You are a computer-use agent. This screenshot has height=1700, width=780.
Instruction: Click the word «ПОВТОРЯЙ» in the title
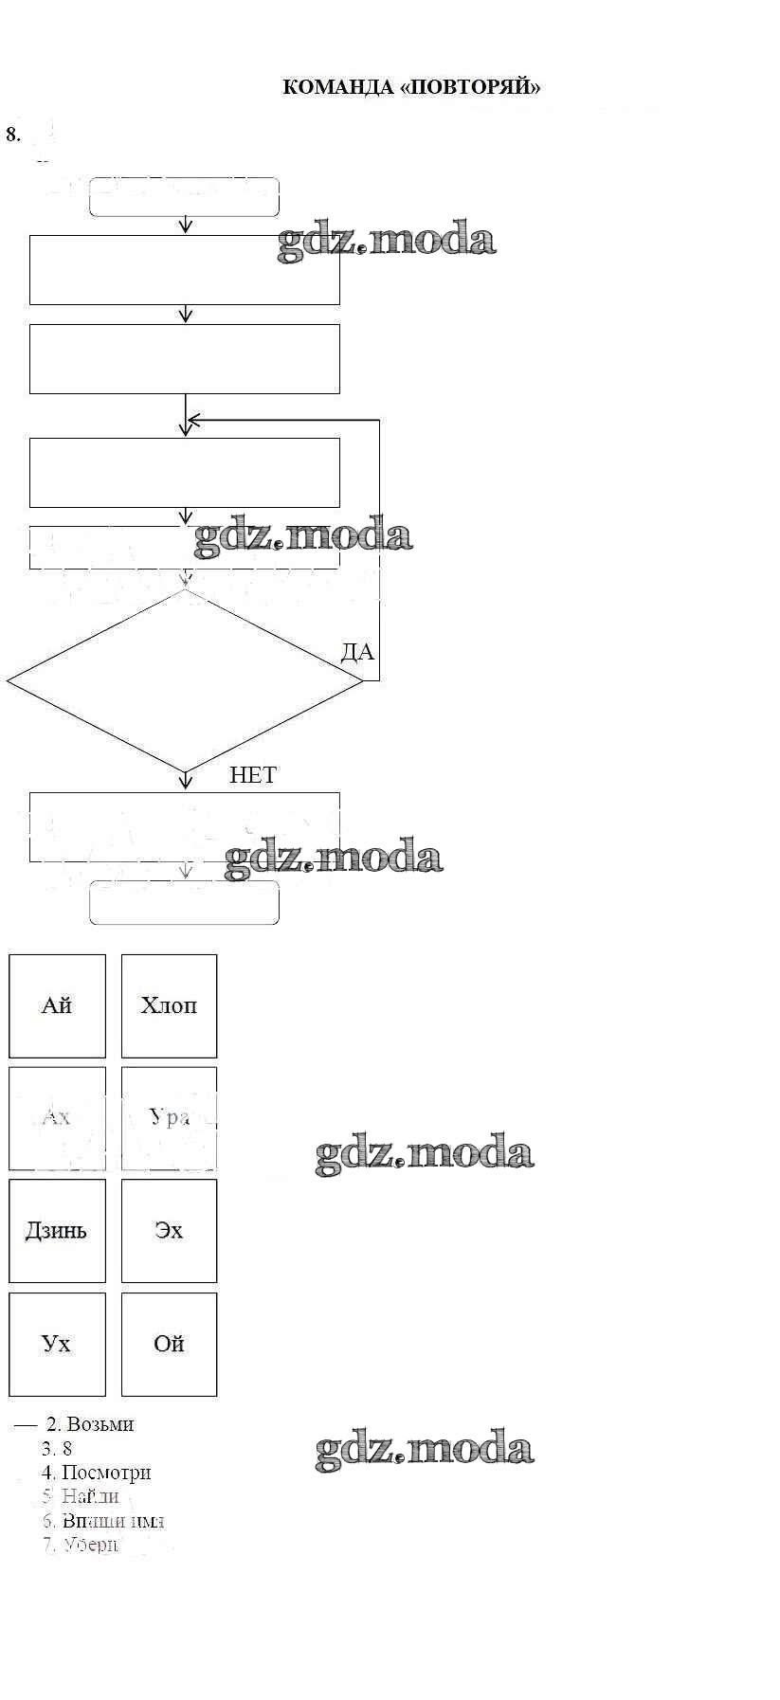pyautogui.click(x=470, y=88)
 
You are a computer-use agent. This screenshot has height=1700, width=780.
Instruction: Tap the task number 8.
pyautogui.click(x=12, y=134)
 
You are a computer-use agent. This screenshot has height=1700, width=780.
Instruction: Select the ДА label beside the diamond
pyautogui.click(x=357, y=652)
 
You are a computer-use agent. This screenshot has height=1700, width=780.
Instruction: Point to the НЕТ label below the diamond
pyautogui.click(x=252, y=775)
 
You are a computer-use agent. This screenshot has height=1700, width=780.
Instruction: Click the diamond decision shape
pyautogui.click(x=185, y=681)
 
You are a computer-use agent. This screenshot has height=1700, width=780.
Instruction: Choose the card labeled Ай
pyautogui.click(x=57, y=1005)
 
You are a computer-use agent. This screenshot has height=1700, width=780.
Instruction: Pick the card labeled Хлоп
pyautogui.click(x=169, y=1005)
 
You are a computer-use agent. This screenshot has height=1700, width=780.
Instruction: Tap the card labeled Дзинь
pyautogui.click(x=57, y=1230)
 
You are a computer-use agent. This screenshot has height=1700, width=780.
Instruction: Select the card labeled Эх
pyautogui.click(x=169, y=1230)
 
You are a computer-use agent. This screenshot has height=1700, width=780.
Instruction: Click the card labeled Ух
pyautogui.click(x=57, y=1344)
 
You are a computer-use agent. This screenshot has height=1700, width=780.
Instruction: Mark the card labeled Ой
pyautogui.click(x=169, y=1344)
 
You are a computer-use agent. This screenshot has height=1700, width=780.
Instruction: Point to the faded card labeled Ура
pyautogui.click(x=169, y=1117)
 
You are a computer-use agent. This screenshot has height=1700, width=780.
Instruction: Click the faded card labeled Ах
pyautogui.click(x=57, y=1117)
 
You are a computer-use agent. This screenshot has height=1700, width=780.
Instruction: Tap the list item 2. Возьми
pyautogui.click(x=90, y=1424)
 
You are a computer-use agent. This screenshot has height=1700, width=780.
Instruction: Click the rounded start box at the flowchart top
pyautogui.click(x=184, y=197)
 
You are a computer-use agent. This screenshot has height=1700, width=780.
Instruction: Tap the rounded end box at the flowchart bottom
pyautogui.click(x=184, y=902)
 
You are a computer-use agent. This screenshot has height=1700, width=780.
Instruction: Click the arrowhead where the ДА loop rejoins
pyautogui.click(x=193, y=420)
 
